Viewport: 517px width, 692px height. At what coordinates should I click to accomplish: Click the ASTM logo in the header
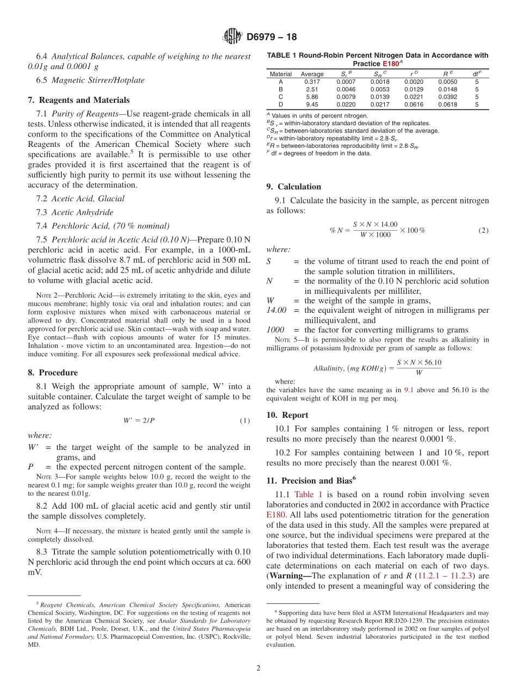(x=232, y=37)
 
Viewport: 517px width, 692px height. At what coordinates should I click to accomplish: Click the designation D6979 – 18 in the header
(x=272, y=37)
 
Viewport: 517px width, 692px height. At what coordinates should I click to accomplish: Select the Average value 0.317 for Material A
(x=312, y=82)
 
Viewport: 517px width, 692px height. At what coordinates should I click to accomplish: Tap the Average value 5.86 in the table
(x=312, y=97)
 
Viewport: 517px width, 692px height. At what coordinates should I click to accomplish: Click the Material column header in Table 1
(x=281, y=74)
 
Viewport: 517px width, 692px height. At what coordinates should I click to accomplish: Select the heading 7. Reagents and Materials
(x=78, y=100)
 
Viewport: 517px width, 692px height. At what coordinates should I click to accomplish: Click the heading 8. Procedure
(x=52, y=373)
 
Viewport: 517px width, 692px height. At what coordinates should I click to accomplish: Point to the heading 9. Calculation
(x=294, y=187)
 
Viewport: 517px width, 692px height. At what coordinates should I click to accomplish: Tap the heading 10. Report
(x=287, y=415)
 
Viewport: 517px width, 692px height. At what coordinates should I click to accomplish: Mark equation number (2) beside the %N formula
(x=483, y=230)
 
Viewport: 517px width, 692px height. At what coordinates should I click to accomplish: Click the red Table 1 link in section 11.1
(x=308, y=495)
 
